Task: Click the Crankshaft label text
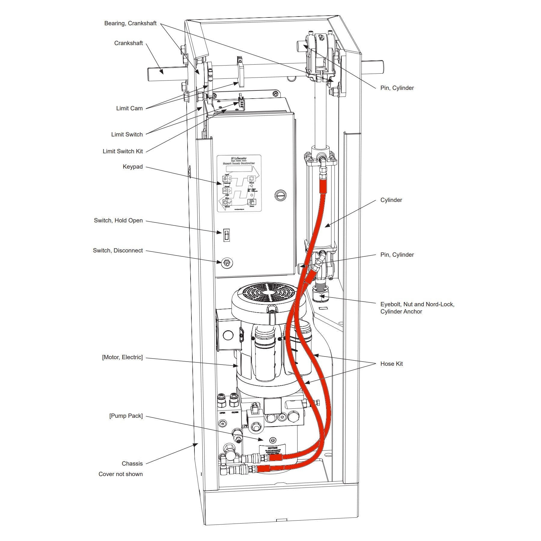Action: [x=128, y=43]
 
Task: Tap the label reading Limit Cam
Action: [x=129, y=108]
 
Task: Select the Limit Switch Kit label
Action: [x=123, y=151]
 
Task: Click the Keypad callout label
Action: [x=133, y=167]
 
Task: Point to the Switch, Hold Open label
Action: [x=118, y=220]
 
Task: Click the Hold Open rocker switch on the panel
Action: [x=227, y=235]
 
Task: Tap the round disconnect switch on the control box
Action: [x=227, y=263]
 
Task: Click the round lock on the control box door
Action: [x=280, y=196]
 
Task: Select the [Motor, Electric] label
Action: [x=122, y=357]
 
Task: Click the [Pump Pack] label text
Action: [x=126, y=416]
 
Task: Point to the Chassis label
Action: [x=132, y=463]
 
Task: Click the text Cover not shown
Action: [x=121, y=474]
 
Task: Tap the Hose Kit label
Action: [x=391, y=364]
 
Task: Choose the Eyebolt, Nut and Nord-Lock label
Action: [x=417, y=304]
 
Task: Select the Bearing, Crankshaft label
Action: [x=130, y=23]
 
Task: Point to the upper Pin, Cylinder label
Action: [x=397, y=88]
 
